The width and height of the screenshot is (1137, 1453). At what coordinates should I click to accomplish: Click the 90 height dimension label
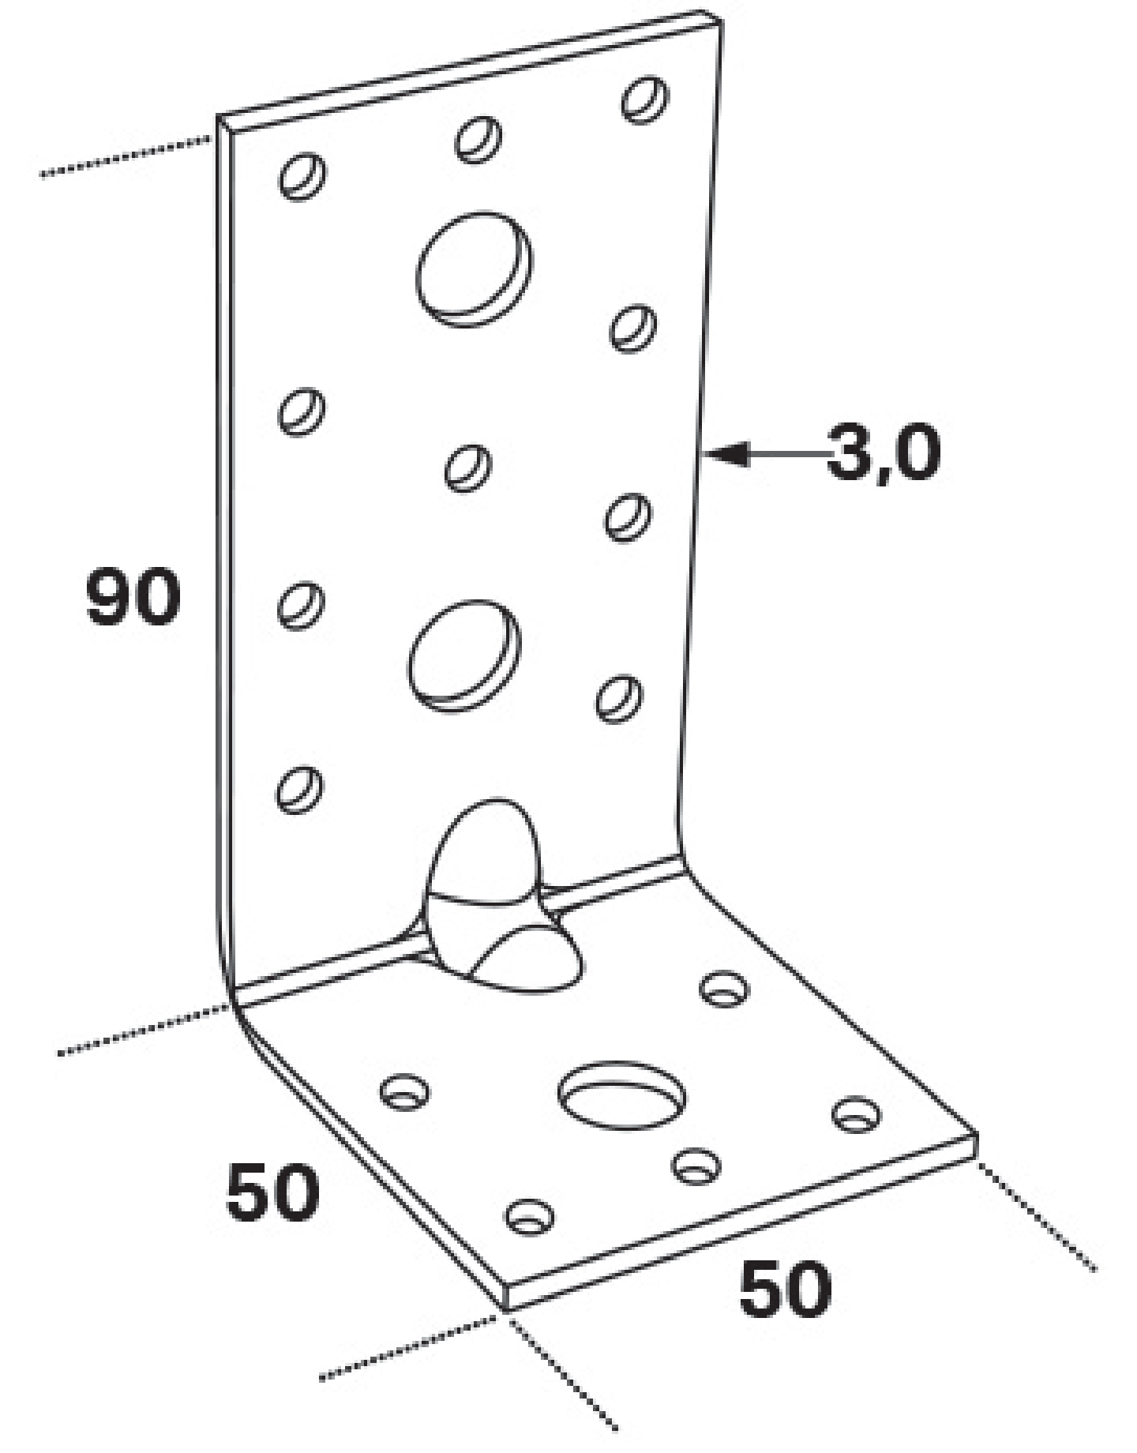coord(133,596)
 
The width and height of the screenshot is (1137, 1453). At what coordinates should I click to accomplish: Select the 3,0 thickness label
coord(884,452)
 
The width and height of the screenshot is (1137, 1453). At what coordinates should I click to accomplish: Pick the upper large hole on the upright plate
coord(474,268)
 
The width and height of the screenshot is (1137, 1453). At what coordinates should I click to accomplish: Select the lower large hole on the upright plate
coord(464,655)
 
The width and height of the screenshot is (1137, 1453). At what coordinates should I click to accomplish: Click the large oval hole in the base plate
coord(621,1095)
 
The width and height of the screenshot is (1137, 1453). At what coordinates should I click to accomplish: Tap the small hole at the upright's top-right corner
coord(644,99)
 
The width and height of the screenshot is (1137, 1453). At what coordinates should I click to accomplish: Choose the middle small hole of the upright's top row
coord(478,139)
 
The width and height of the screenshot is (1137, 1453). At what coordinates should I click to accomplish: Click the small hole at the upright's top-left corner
coord(303,175)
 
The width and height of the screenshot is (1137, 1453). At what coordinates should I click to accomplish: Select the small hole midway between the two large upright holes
coord(468,467)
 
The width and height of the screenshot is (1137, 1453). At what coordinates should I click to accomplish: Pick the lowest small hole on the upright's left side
coord(299,789)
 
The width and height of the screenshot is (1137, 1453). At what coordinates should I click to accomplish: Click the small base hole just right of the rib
coord(726,989)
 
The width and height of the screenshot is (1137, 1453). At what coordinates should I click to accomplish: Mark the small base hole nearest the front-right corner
coord(857,1114)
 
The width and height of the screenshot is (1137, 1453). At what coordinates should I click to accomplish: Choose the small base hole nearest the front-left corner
coord(529,1216)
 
